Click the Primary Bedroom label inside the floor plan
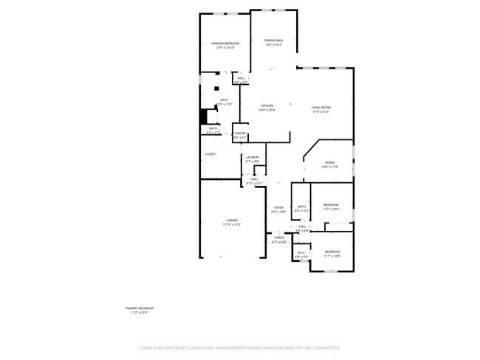point(224,44)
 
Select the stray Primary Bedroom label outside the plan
point(140,308)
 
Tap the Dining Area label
point(274,41)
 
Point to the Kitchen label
point(267,105)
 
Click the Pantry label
point(240,134)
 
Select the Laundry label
point(253,156)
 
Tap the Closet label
point(210,154)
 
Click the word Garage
point(232,221)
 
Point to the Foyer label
point(279,208)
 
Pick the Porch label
point(279,238)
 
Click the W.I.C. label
point(301,253)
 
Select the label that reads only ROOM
point(329,163)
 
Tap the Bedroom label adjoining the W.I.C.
point(332,252)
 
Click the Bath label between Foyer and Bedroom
point(302,207)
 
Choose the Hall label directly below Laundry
point(253,179)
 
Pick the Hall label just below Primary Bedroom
point(241,78)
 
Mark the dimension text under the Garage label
point(232,225)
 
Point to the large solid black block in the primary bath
point(205,117)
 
